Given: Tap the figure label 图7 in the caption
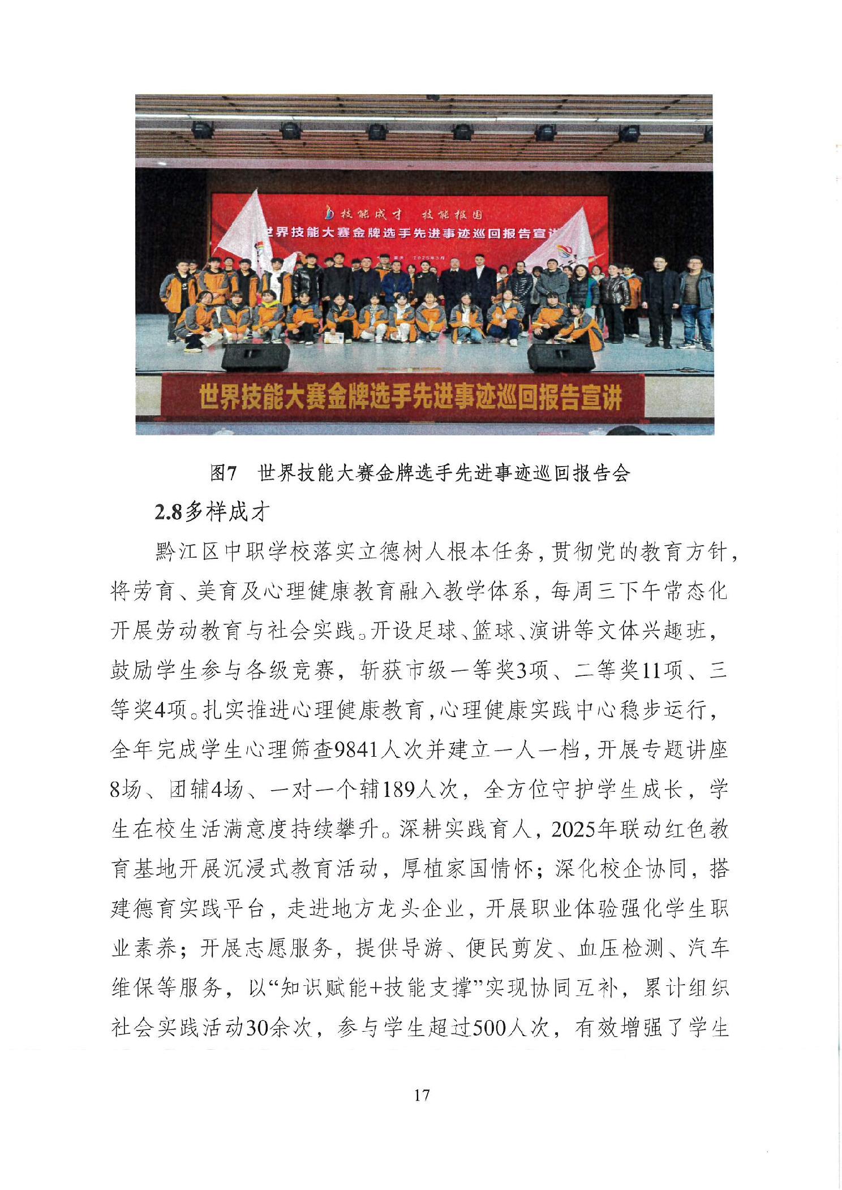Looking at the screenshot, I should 223,473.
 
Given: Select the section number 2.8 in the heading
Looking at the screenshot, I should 168,512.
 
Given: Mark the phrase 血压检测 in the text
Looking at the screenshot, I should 620,948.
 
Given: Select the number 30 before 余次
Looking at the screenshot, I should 256,1028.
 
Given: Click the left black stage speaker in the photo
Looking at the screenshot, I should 255,357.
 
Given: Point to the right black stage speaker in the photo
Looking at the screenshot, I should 561,357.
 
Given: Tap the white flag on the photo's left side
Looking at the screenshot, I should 246,226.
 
